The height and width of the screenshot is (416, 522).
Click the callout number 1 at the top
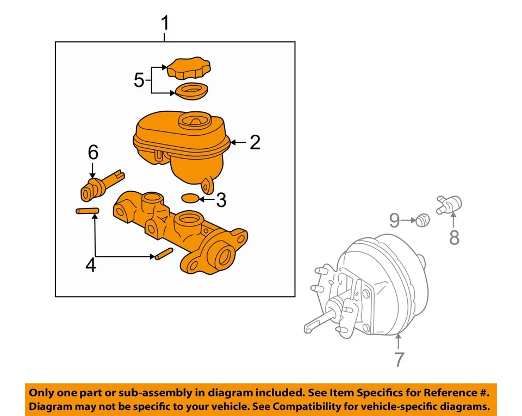[165, 24]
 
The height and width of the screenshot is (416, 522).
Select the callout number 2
[254, 143]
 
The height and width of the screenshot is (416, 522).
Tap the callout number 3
[220, 200]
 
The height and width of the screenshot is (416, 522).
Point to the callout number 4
[91, 266]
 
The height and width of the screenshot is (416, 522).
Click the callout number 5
[139, 81]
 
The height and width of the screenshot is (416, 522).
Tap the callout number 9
[394, 220]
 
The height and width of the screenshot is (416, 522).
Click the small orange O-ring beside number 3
[190, 198]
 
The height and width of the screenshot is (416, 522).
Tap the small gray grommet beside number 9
[423, 220]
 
